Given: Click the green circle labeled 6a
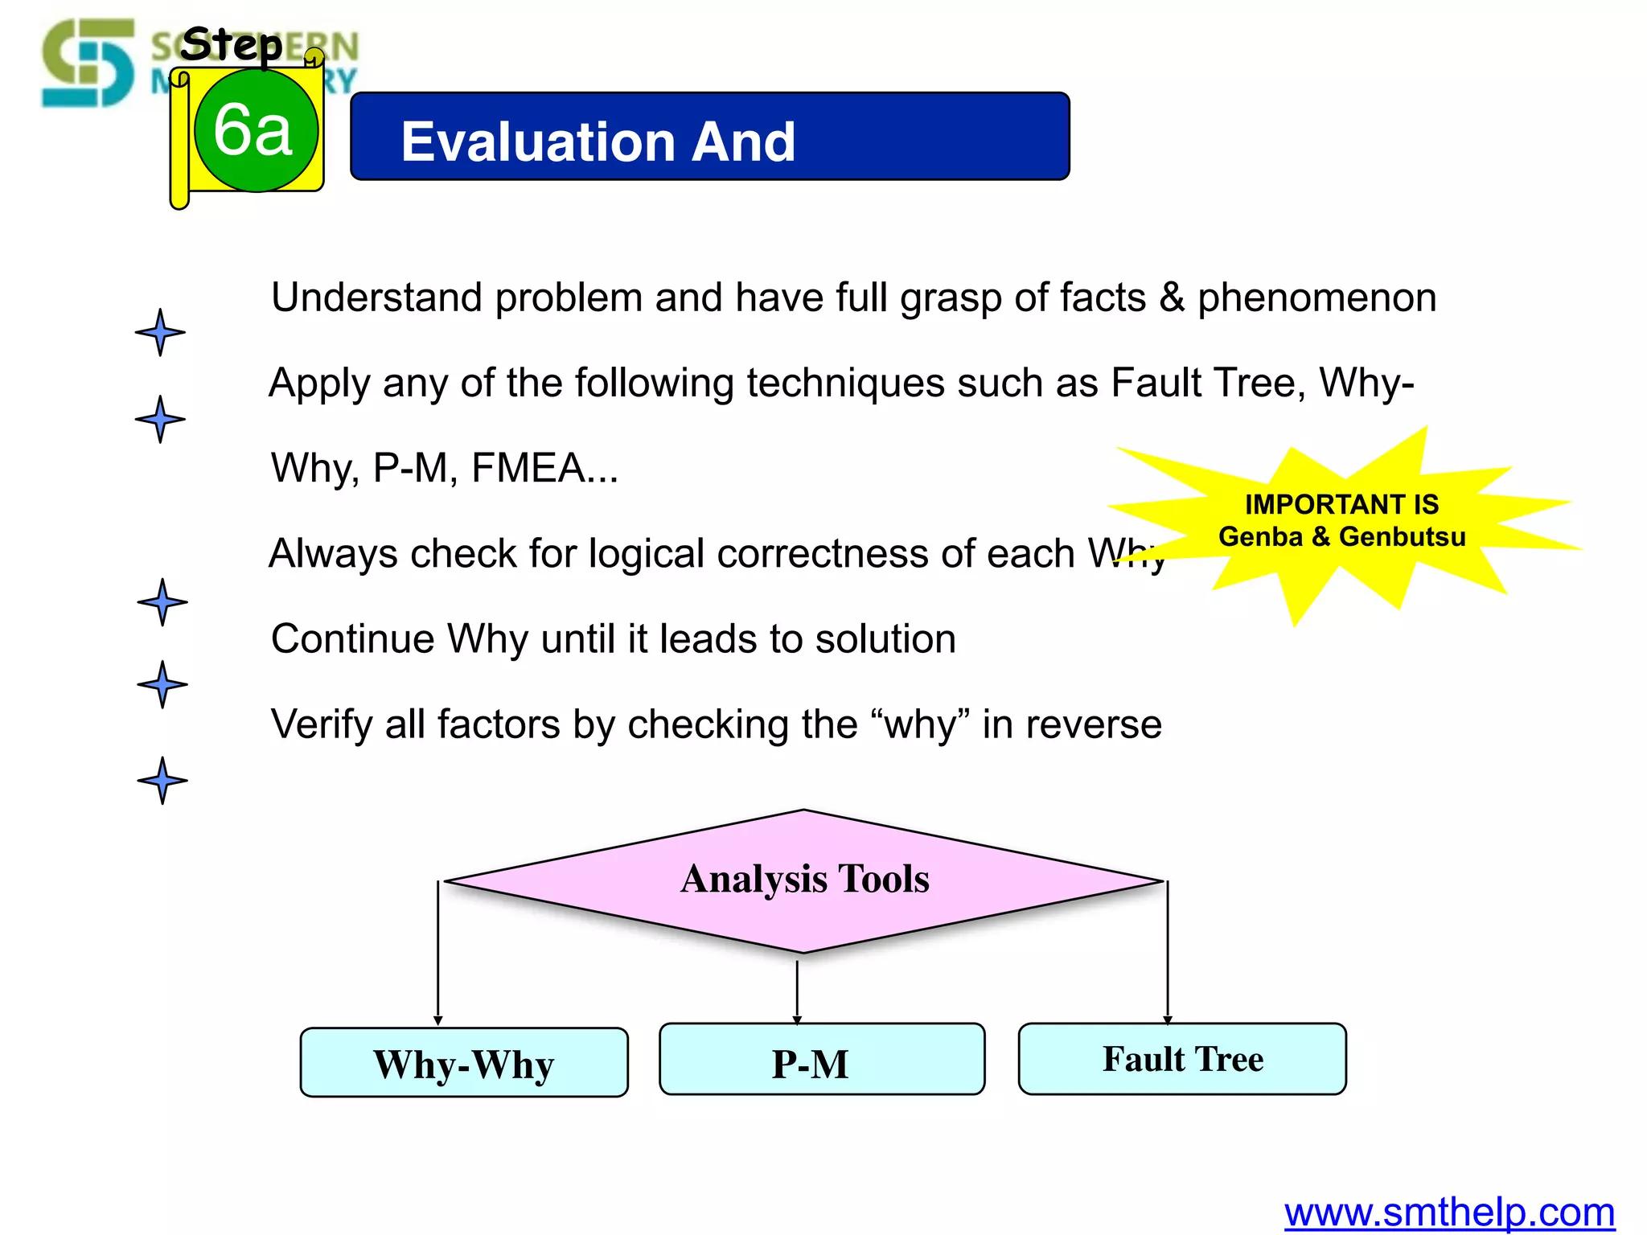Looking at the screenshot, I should click(256, 130).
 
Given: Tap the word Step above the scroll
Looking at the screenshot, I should click(231, 44).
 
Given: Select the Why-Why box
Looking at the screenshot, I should click(464, 1062).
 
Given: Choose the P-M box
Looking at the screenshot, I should click(822, 1060).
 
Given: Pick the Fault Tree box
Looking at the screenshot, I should click(1182, 1059).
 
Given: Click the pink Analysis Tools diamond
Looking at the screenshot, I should click(804, 880).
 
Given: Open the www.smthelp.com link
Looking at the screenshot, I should click(1449, 1212).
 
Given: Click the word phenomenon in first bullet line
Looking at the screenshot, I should click(1316, 297).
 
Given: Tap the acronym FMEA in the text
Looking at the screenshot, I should click(528, 468).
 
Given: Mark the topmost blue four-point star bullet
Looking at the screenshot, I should click(160, 332).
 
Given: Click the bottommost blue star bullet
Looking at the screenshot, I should click(162, 780).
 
